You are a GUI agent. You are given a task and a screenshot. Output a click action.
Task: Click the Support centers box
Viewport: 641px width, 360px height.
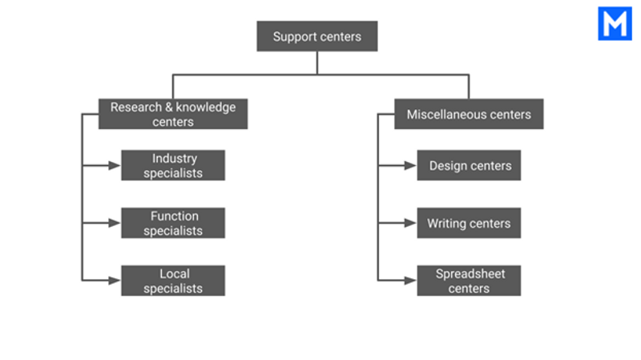point(317,36)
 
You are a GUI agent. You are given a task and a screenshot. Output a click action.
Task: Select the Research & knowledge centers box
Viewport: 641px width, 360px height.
point(173,114)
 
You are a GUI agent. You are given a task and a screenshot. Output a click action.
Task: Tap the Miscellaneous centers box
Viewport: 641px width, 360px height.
point(469,114)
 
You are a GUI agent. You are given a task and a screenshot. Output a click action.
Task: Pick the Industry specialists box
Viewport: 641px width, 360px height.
point(173,165)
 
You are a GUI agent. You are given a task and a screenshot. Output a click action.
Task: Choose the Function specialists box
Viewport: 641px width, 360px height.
point(173,223)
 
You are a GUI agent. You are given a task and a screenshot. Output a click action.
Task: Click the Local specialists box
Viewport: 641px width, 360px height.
point(173,281)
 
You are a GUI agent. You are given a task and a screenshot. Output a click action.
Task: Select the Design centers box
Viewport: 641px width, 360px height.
point(469,165)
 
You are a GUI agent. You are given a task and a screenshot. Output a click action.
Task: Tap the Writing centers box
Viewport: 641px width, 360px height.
point(469,223)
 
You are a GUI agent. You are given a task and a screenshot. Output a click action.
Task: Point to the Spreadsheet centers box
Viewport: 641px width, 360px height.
point(469,281)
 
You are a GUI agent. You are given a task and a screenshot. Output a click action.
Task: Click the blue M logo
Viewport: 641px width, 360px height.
point(615,23)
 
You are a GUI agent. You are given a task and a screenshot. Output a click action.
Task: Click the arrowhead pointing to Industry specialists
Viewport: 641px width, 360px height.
point(115,165)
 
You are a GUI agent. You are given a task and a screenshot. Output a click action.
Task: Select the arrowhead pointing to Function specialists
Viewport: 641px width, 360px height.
point(115,223)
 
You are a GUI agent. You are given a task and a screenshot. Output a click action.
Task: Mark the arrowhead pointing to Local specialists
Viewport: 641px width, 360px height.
point(115,281)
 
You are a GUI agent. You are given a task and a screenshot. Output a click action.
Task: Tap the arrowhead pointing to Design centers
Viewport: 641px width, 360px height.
point(410,165)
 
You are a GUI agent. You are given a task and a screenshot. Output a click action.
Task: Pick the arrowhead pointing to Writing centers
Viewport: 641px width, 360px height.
point(410,223)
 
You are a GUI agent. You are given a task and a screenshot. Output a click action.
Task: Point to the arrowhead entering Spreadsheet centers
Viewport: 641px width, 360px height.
point(410,281)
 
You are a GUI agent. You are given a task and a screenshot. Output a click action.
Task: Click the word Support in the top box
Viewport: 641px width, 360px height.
point(292,37)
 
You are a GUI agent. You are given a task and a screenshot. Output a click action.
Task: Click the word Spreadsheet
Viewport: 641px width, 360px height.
point(470,274)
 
